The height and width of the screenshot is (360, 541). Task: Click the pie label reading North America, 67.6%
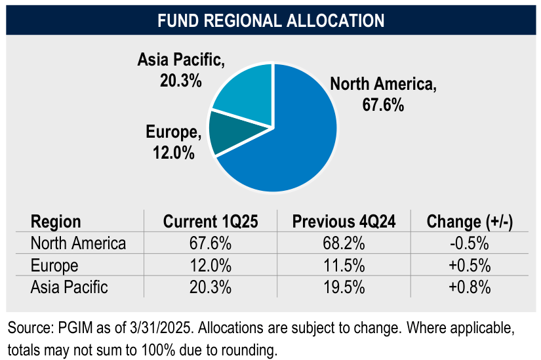(383, 94)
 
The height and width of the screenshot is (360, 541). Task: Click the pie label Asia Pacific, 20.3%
(181, 70)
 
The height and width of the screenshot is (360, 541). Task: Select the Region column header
(56, 222)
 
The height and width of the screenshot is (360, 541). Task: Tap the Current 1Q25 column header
(210, 222)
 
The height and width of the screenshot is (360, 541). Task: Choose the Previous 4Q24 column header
(344, 222)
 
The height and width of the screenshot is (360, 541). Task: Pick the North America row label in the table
(78, 243)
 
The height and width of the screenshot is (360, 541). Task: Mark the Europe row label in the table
(54, 265)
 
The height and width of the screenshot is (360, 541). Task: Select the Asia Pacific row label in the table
(69, 287)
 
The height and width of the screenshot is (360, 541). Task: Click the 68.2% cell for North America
(344, 243)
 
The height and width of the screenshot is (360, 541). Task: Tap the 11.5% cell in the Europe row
(344, 265)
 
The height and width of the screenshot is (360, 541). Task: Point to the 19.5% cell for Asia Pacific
(344, 287)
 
